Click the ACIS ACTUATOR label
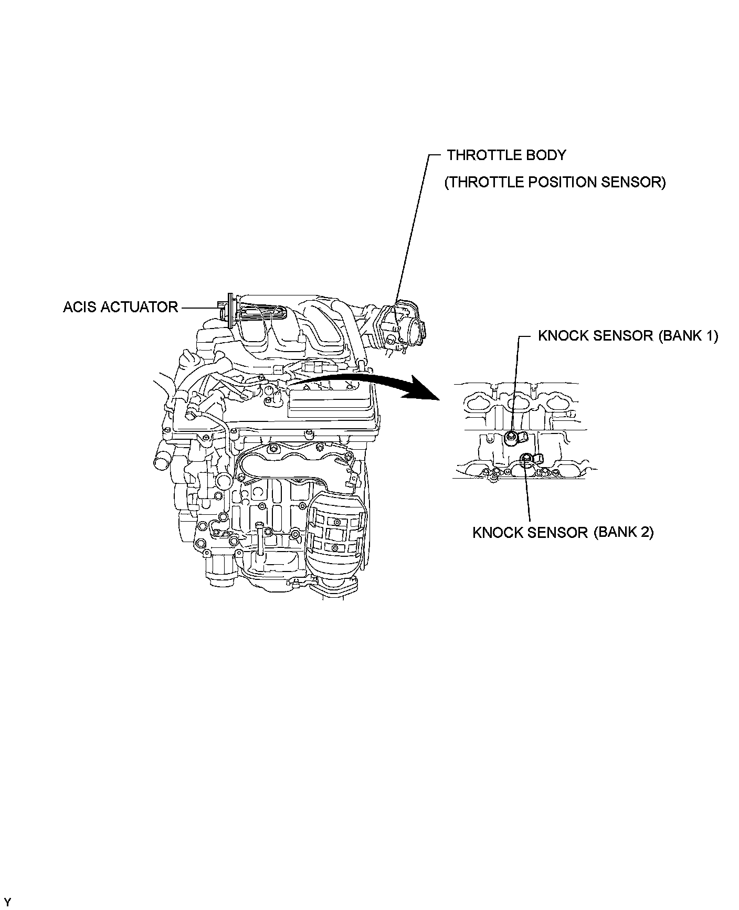(x=120, y=307)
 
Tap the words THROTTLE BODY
(x=506, y=155)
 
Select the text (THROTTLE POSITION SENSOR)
(x=555, y=182)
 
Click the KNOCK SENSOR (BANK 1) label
(x=628, y=336)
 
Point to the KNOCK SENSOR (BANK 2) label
(x=563, y=533)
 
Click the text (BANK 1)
(x=688, y=336)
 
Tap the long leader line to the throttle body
(x=412, y=231)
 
